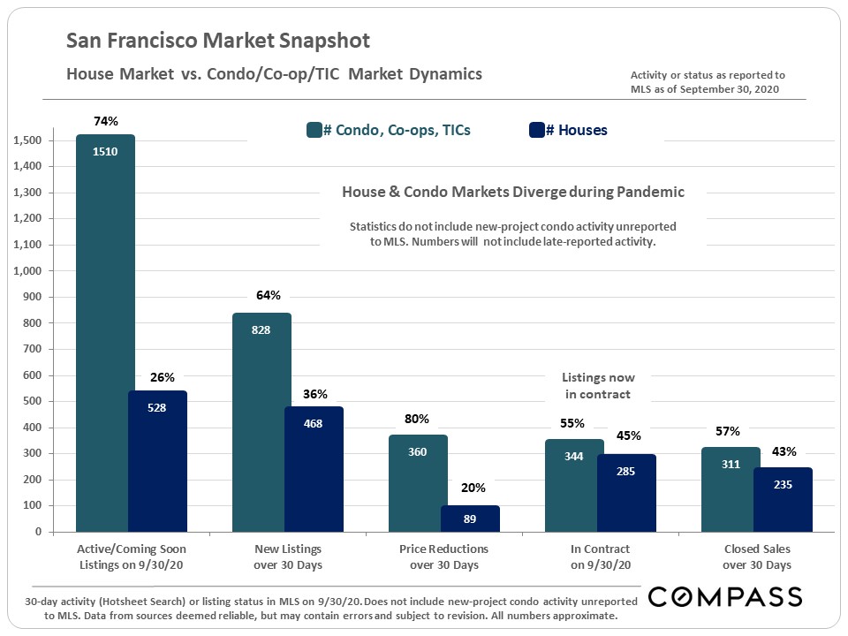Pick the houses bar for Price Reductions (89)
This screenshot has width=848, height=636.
click(x=470, y=519)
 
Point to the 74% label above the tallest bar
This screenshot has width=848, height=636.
click(x=105, y=121)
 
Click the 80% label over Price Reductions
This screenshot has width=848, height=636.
click(x=418, y=419)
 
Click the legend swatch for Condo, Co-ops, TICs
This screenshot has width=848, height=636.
click(x=314, y=131)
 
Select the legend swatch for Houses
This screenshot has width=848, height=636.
click(x=535, y=131)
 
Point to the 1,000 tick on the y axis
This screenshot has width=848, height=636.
click(x=29, y=271)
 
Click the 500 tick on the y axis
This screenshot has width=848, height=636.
click(x=34, y=402)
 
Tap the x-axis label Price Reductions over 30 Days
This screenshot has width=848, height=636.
click(x=444, y=556)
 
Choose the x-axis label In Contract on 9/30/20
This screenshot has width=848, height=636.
click(x=600, y=556)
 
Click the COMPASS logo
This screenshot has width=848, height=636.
click(x=725, y=597)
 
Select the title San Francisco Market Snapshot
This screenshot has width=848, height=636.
click(x=218, y=41)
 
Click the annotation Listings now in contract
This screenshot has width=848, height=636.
click(x=598, y=386)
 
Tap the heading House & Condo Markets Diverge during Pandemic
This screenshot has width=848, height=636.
click(x=512, y=192)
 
